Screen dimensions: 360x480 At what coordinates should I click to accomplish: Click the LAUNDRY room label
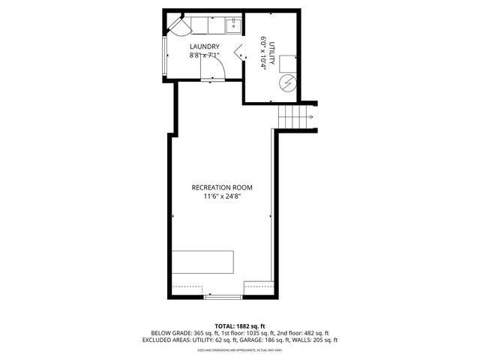(204, 46)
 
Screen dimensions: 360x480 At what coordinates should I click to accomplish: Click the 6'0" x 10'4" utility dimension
(262, 54)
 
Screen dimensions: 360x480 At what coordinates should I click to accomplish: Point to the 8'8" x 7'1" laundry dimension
(204, 55)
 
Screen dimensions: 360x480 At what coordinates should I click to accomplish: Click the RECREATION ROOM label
(221, 187)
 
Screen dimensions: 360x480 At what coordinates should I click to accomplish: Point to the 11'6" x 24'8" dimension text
(221, 196)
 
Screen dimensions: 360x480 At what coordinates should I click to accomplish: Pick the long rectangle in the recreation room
(203, 262)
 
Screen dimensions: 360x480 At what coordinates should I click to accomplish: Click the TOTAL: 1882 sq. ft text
(240, 325)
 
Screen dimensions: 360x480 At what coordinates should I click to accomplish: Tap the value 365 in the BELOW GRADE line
(200, 332)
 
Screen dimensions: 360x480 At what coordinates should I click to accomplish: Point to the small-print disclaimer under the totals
(240, 349)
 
